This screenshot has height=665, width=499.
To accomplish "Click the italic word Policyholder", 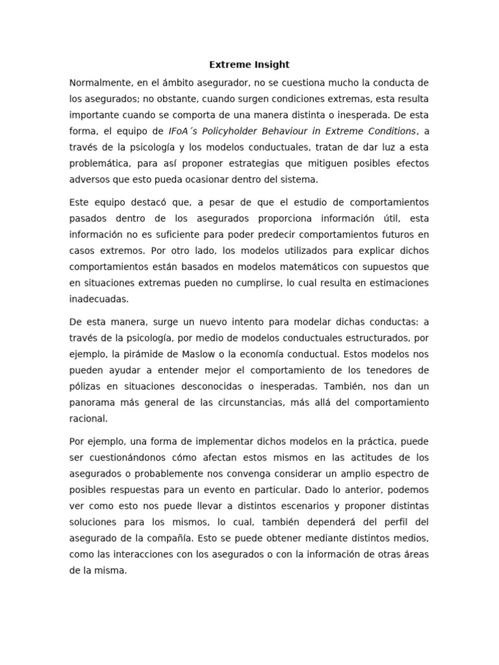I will [x=231, y=131].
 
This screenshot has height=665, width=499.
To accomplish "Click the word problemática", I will [x=101, y=163].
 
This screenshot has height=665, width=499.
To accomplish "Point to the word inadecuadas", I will [x=99, y=298].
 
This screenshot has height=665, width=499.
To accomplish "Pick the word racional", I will [x=88, y=418].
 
